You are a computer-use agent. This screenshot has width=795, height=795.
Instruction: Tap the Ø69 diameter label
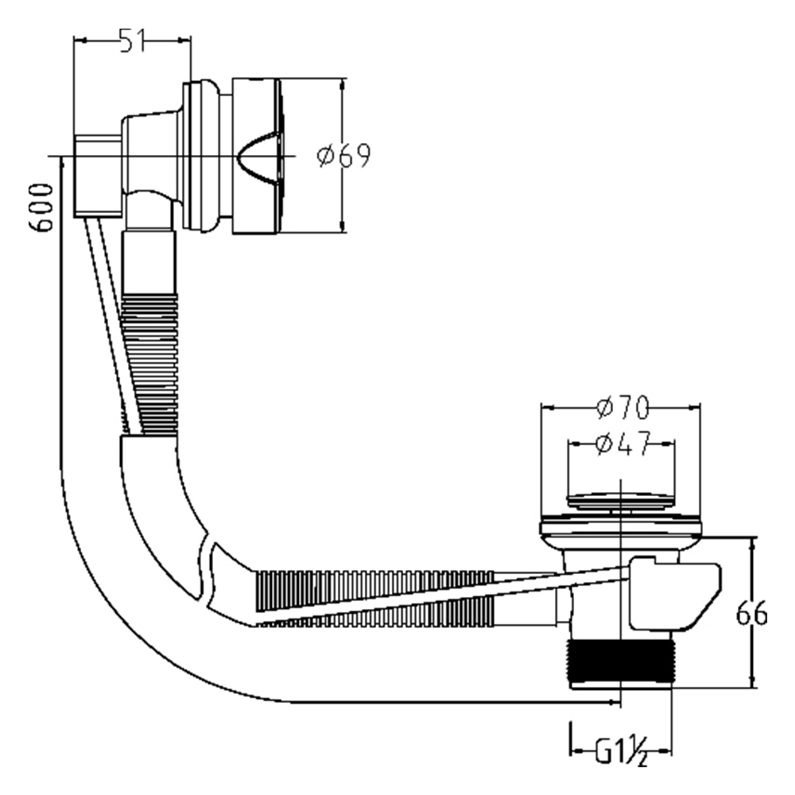tap(343, 156)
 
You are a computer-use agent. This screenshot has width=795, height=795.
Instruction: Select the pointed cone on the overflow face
tap(259, 155)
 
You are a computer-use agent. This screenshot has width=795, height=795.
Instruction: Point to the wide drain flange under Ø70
tap(621, 526)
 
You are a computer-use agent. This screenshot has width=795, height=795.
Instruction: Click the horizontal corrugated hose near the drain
tap(374, 596)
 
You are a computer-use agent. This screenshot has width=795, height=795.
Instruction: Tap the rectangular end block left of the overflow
tap(97, 175)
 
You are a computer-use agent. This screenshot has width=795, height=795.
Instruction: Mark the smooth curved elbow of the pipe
tap(159, 509)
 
